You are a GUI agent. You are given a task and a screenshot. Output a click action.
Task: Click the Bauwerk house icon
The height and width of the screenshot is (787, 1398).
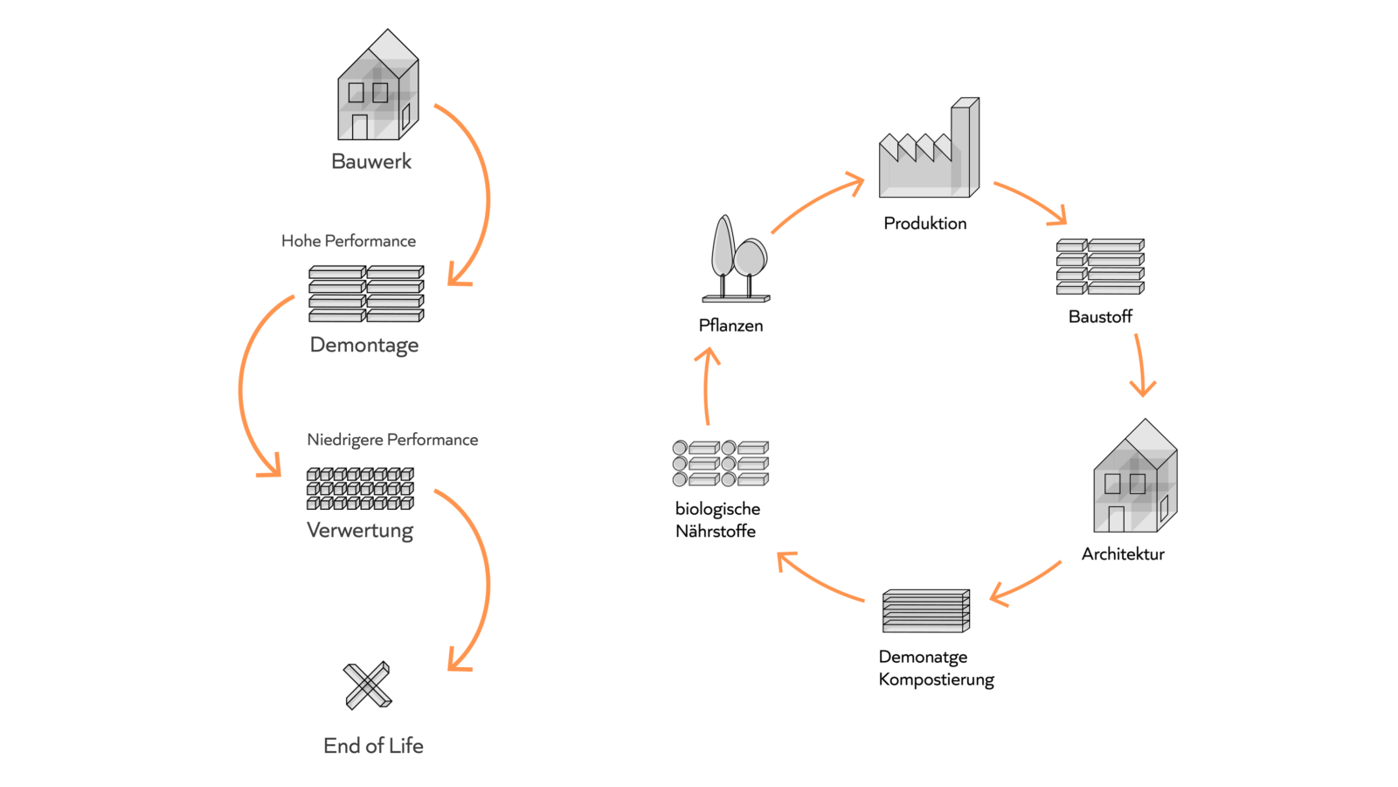tap(377, 87)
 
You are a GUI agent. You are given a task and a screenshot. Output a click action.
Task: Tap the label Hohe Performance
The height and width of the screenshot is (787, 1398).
tap(349, 241)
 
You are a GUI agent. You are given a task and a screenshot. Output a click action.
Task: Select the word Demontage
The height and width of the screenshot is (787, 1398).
tap(364, 345)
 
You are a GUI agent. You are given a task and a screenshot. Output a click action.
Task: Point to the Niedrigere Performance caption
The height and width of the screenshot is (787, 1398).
tap(392, 440)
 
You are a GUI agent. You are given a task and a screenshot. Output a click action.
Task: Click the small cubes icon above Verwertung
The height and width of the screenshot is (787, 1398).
tap(360, 489)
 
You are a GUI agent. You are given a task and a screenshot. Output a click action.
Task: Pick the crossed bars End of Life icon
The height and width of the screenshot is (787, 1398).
tap(368, 685)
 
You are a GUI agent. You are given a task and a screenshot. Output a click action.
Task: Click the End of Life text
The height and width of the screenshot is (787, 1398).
tap(373, 746)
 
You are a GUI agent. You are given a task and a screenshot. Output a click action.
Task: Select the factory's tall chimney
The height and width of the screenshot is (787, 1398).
tap(964, 144)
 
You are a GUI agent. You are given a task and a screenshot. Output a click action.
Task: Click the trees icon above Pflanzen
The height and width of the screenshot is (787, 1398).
tap(736, 260)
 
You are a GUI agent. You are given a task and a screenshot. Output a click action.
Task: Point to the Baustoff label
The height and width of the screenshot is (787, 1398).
tap(1100, 317)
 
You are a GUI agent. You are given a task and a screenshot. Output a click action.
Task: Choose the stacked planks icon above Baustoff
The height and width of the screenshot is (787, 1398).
tap(1100, 267)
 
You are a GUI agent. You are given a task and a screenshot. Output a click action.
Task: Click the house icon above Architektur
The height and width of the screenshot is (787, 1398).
tap(1135, 478)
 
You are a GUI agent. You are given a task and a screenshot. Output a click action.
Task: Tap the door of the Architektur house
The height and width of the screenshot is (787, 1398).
tap(1116, 519)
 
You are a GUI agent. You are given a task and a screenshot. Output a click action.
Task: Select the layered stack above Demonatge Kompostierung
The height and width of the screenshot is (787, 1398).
tap(926, 610)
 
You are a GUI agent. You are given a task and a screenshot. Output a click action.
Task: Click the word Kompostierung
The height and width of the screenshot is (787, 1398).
tap(936, 679)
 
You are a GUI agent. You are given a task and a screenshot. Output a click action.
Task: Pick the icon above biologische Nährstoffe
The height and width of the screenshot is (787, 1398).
tap(720, 463)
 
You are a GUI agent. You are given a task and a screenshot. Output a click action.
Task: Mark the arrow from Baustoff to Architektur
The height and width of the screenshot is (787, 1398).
tap(1140, 366)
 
